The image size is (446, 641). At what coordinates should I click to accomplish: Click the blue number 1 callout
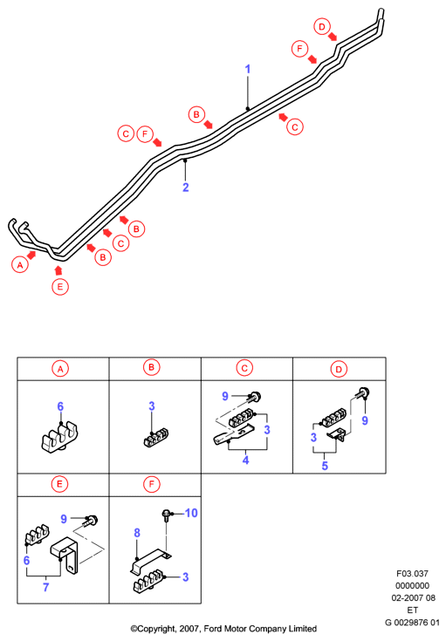tap(248, 69)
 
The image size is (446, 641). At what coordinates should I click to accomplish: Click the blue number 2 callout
tap(186, 188)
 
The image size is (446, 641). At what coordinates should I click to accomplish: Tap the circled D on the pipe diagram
tap(322, 26)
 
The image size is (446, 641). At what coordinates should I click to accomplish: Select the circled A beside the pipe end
tap(20, 265)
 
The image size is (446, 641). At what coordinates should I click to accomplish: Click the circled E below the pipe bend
tap(60, 287)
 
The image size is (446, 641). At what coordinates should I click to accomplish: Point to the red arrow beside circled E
tap(58, 269)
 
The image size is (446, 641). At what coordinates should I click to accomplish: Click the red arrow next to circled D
tap(333, 37)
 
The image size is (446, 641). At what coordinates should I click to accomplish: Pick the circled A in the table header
tap(60, 369)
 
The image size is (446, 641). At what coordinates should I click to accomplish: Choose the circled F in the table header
tap(151, 484)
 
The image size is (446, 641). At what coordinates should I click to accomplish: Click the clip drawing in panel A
tap(59, 438)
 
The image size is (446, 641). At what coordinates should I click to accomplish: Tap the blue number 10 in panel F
tap(191, 513)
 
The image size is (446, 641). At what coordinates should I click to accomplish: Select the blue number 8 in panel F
tap(137, 533)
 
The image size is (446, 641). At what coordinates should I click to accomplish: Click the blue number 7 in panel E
tap(46, 587)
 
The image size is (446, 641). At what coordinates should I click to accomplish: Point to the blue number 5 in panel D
tap(325, 466)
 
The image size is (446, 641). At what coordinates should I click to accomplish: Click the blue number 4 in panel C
tap(245, 460)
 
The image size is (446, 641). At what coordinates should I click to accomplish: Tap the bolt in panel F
tap(167, 515)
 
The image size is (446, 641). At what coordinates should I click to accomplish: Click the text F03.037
tap(412, 574)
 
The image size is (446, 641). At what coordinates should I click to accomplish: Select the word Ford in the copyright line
tap(213, 628)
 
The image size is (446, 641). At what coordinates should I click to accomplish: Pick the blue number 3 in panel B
tap(152, 406)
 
